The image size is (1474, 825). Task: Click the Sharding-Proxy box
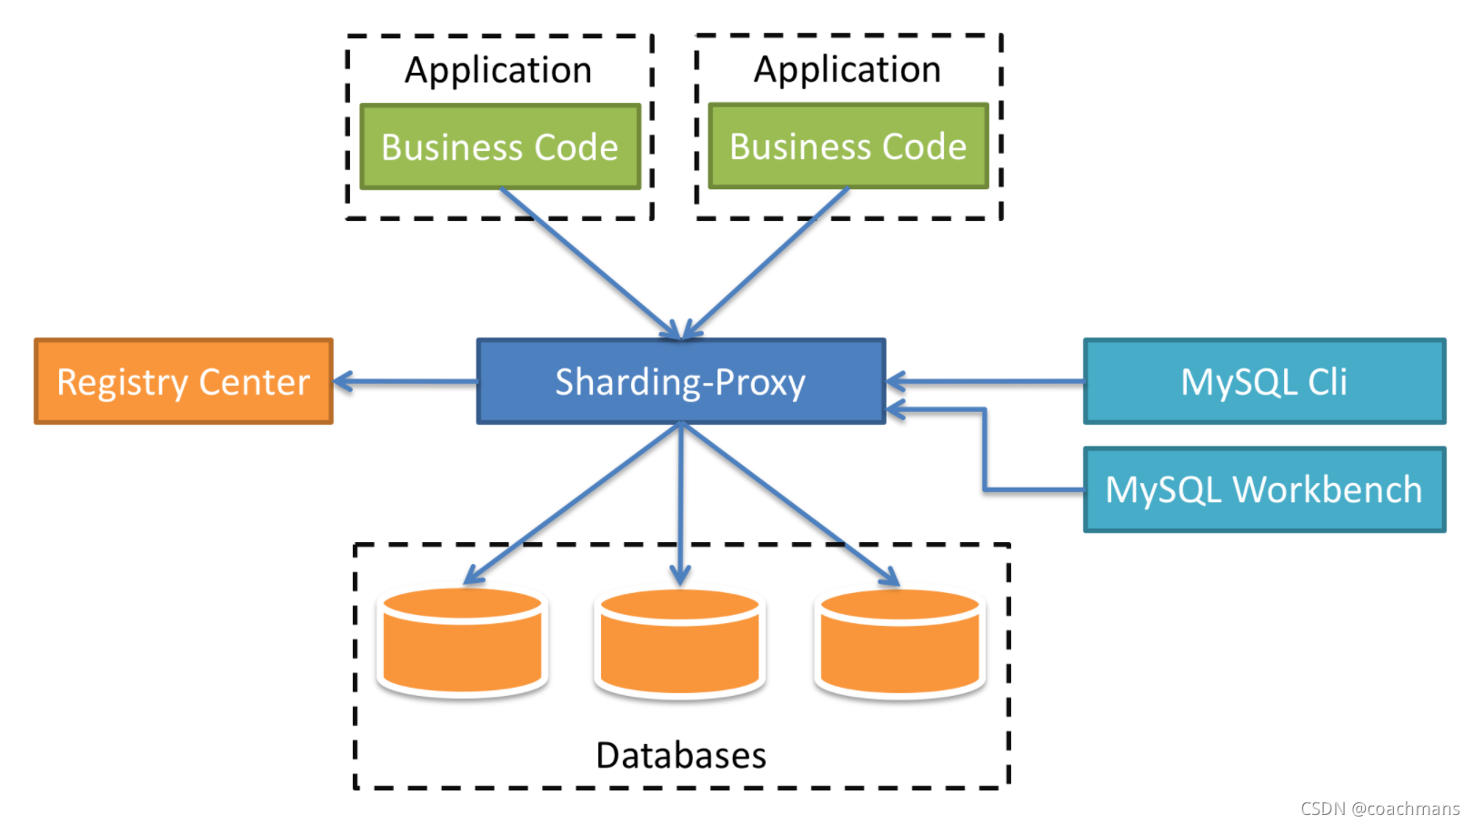coord(680,382)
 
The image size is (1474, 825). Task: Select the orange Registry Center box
coord(183,382)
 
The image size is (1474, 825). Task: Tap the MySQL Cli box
coord(1264,382)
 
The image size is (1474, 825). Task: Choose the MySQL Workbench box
coord(1264,489)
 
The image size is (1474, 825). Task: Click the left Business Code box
coord(500,147)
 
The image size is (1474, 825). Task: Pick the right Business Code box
coord(847,146)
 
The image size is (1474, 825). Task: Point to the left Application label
coord(498,71)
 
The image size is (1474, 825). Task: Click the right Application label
coord(847,70)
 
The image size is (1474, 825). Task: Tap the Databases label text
coord(680,756)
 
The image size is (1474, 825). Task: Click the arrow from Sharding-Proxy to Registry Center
coord(406,382)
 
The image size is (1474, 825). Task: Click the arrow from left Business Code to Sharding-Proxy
coord(591,264)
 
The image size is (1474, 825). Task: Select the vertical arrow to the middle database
coord(680,505)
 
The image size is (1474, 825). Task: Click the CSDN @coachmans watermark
coord(1379,809)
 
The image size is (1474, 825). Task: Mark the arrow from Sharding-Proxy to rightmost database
coord(791,505)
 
